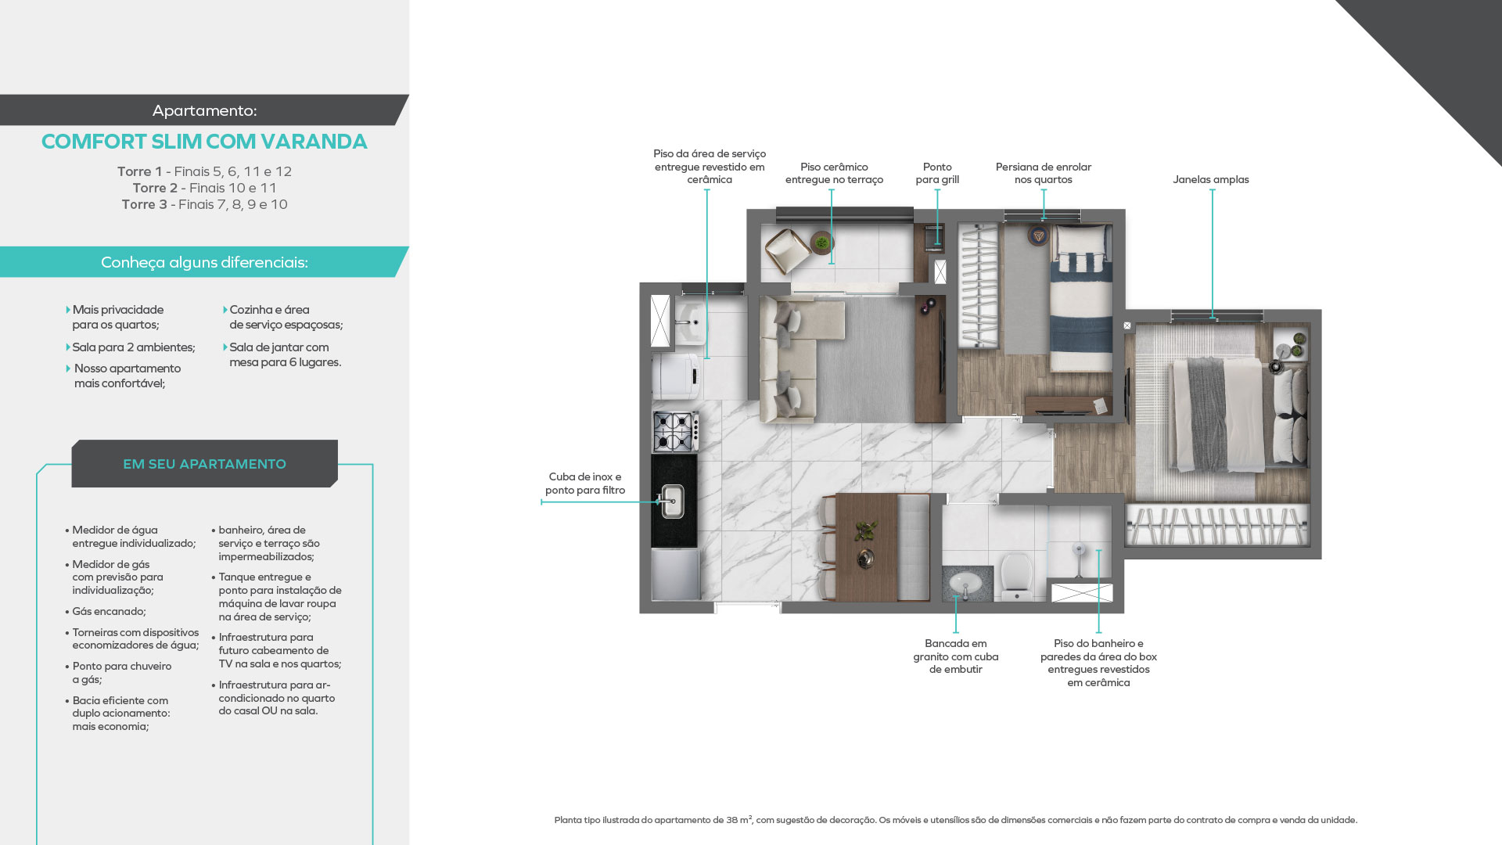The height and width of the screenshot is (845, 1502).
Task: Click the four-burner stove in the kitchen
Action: [675, 431]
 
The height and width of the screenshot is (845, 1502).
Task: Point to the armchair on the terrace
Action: [788, 250]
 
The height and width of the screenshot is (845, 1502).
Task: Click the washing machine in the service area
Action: [677, 376]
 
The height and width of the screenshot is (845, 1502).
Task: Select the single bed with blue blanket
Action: [1080, 297]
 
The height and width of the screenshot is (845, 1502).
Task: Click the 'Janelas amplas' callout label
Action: [1210, 180]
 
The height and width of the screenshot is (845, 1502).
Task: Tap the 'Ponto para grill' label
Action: [937, 173]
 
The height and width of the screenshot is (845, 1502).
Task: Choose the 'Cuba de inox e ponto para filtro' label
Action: [585, 484]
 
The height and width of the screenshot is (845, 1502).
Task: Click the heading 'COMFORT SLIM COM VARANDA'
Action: [204, 142]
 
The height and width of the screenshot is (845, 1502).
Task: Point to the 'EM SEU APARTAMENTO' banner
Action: [204, 464]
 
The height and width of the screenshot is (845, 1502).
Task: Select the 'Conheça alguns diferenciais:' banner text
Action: [204, 262]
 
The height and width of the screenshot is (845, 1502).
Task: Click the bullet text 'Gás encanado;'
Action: [109, 612]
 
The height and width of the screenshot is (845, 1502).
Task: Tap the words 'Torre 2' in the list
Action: [155, 188]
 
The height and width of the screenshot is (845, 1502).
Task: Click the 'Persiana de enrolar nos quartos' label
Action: [1044, 173]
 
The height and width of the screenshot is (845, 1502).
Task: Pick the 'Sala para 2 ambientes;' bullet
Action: [134, 347]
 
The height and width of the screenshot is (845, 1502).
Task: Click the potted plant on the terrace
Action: [821, 243]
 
